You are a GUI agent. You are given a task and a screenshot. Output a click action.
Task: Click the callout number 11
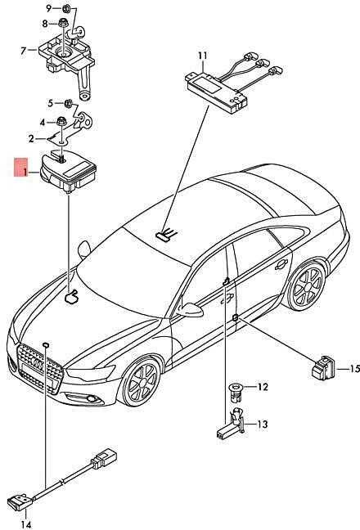[202, 56]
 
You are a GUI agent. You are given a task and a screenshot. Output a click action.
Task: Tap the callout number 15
[354, 369]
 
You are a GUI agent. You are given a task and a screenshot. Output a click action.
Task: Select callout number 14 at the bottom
[25, 524]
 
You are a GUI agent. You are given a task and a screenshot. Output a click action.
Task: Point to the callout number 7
[23, 51]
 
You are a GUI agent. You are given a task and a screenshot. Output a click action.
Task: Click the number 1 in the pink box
[25, 173]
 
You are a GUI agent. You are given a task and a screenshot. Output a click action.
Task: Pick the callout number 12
[263, 387]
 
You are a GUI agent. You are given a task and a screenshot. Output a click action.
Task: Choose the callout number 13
[263, 424]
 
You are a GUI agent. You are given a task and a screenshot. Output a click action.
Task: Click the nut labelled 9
[67, 8]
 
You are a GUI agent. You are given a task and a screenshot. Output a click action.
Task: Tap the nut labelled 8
[62, 23]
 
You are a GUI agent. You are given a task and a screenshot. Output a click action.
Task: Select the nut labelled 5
[68, 103]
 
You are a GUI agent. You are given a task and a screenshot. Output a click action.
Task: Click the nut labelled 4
[61, 121]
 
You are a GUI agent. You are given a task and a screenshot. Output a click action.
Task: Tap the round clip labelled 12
[236, 392]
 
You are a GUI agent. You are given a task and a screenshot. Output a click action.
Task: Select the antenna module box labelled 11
[216, 91]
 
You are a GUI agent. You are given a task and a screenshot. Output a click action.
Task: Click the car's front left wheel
[142, 381]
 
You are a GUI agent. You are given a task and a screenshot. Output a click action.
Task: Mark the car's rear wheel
[307, 286]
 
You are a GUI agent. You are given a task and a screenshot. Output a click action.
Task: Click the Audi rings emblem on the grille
[37, 365]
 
